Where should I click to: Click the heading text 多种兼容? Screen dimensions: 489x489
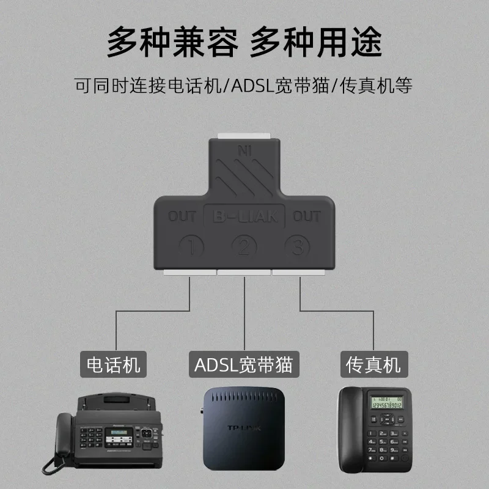(173, 42)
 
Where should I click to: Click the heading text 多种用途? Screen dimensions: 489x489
(316, 42)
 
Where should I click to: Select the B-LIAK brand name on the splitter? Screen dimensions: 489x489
(244, 216)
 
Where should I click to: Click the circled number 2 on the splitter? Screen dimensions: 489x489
(244, 247)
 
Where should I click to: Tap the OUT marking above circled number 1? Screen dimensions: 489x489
(183, 216)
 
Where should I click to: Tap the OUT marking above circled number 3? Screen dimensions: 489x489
(307, 216)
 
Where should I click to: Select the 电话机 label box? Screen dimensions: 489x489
(114, 364)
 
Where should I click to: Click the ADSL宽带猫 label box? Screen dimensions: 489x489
(244, 364)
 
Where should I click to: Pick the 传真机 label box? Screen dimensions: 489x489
(373, 364)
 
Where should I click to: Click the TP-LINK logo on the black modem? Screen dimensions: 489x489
(244, 427)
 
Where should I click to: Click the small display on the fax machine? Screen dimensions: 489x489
(119, 433)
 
